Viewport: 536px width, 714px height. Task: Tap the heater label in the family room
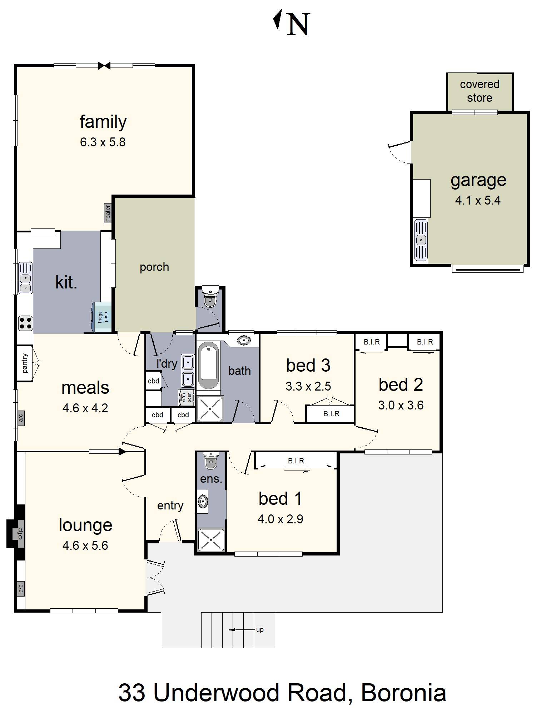point(108,213)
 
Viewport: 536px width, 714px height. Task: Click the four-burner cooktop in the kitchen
point(25,323)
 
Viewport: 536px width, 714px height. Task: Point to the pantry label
point(25,363)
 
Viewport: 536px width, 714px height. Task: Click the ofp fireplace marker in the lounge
point(20,533)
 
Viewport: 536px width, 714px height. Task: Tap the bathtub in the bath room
point(208,365)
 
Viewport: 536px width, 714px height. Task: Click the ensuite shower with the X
point(211,539)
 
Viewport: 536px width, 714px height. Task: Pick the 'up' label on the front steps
point(260,629)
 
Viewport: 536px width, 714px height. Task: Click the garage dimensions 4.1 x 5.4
point(477,200)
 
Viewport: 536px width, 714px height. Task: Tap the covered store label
point(480,91)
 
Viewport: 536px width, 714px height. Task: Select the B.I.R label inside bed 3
point(331,414)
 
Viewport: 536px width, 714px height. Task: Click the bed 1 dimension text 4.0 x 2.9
point(280,519)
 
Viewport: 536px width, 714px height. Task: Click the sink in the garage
point(421,240)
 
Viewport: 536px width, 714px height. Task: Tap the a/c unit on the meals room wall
point(21,417)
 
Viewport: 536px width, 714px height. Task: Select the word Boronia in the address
point(403,693)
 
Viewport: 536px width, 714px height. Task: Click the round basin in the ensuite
point(203,501)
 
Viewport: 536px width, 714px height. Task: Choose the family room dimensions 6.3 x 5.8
point(103,142)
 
